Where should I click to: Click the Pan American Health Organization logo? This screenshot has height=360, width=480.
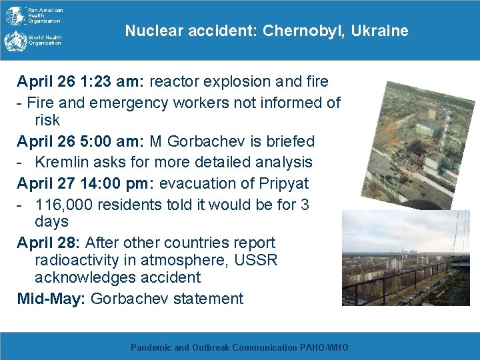15,15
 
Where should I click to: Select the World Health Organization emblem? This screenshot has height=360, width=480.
14,41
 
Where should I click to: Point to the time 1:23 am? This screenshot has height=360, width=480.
114,82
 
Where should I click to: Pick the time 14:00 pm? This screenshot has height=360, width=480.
120,183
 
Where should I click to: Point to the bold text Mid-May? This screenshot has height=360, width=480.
51,299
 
